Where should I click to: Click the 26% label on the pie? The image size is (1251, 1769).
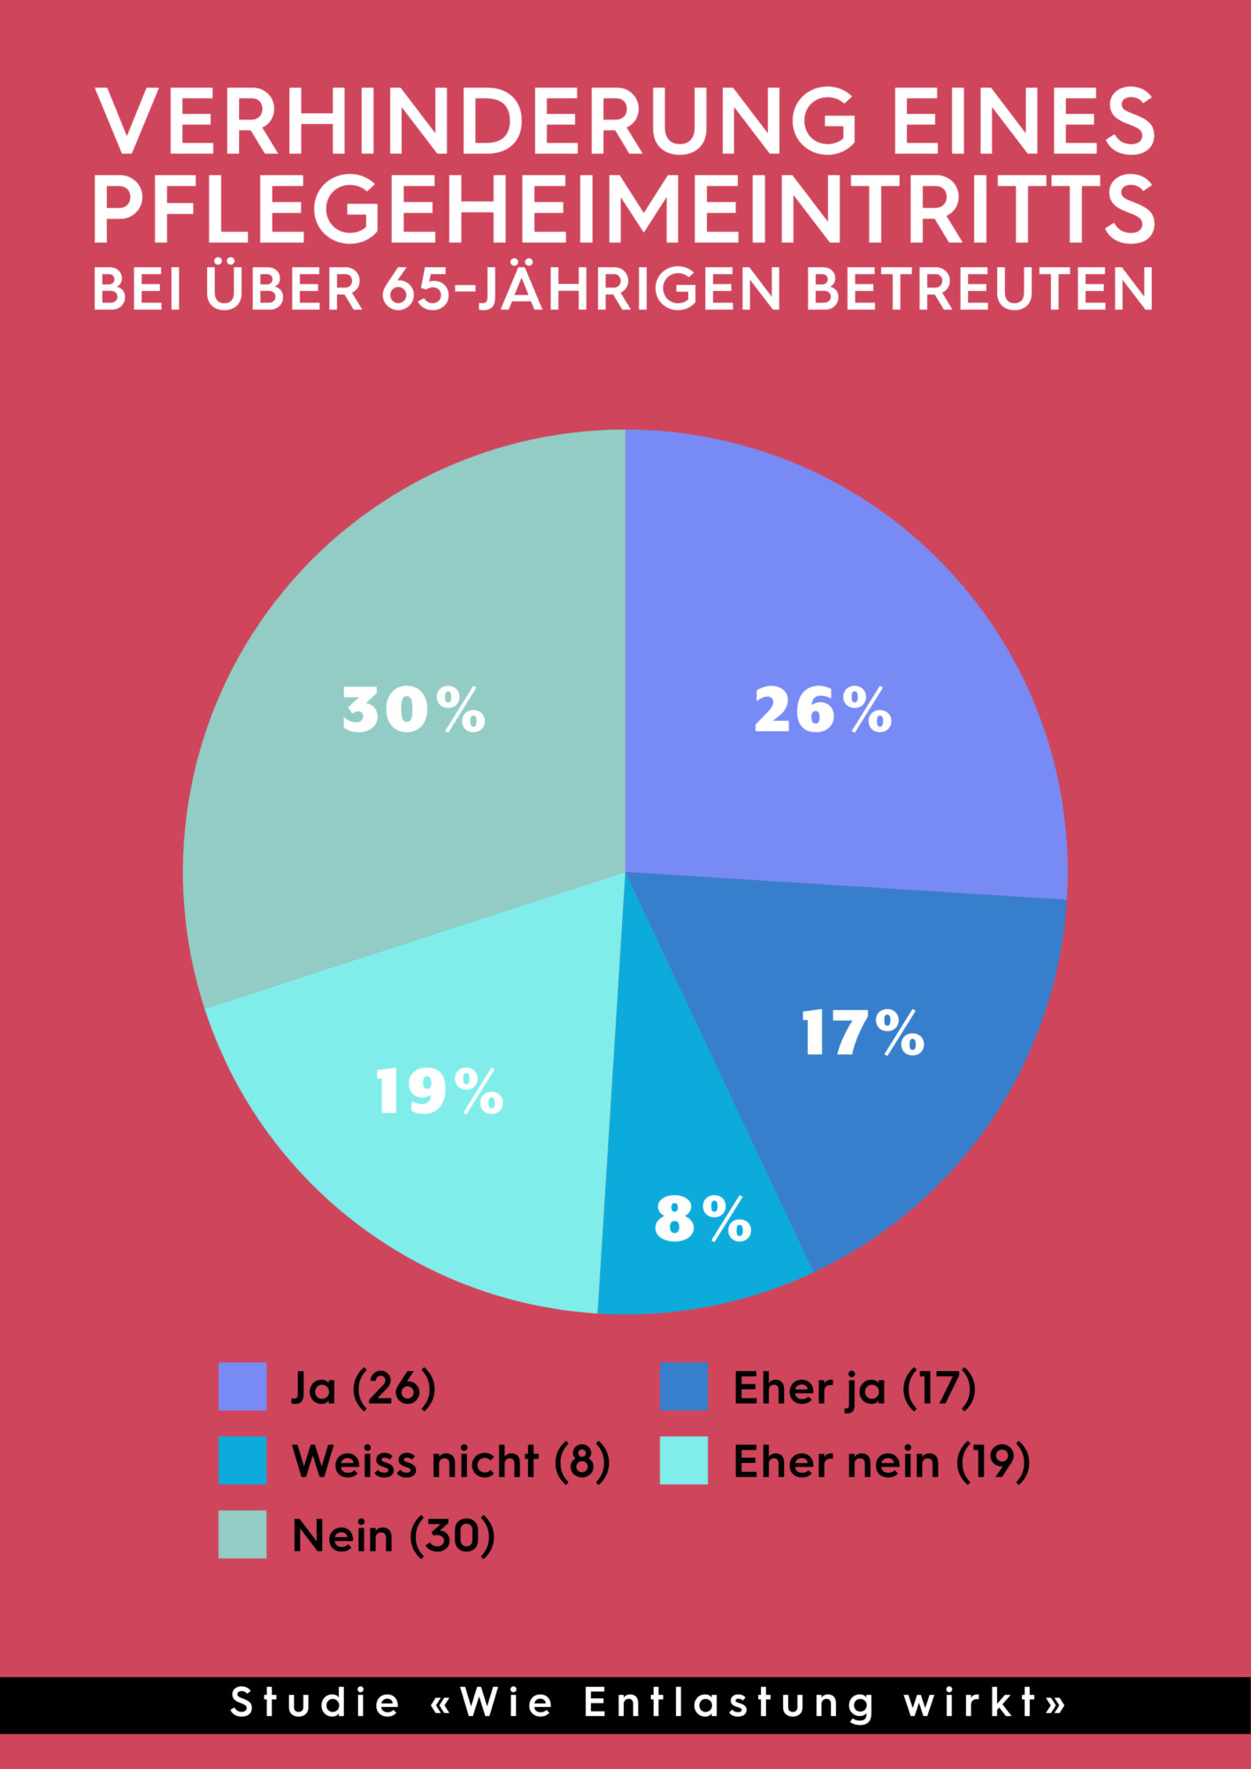tap(823, 710)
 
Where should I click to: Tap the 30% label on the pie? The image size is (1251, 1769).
tap(414, 710)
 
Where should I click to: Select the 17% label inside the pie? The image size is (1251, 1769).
tap(863, 1033)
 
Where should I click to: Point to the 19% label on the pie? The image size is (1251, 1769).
tap(440, 1091)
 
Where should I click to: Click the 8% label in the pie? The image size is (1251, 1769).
tap(703, 1219)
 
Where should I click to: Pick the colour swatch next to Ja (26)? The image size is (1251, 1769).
tap(242, 1386)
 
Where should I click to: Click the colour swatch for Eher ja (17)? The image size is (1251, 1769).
tap(684, 1386)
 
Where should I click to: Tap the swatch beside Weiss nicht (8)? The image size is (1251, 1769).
tap(242, 1460)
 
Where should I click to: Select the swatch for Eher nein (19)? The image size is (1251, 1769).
tap(684, 1460)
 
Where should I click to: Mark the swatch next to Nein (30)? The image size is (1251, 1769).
tap(242, 1535)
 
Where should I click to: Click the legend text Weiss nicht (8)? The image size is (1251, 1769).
tap(451, 1461)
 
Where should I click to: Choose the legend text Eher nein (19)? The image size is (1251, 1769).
tap(881, 1461)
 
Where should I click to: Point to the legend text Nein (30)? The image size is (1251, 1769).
tap(394, 1535)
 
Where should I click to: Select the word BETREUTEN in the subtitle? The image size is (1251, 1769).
tap(980, 289)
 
